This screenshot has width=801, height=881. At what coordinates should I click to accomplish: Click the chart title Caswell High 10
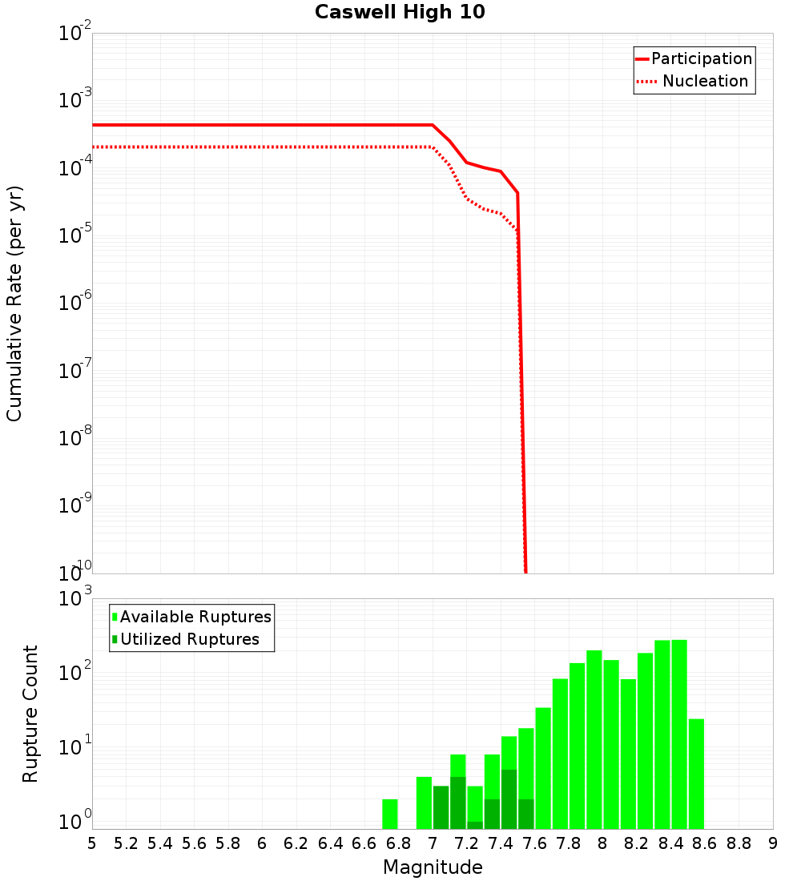pos(400,12)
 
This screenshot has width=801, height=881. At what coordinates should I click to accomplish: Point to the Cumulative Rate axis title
pos(14,303)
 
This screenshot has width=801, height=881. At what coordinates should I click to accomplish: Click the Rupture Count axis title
pos(30,713)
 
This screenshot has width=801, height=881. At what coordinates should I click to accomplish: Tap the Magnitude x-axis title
pos(433,867)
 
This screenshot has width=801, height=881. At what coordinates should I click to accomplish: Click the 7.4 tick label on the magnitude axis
pos(501,843)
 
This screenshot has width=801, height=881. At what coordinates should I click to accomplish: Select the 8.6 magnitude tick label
pos(705,843)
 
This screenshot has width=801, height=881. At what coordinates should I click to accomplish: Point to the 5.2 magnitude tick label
pos(126,843)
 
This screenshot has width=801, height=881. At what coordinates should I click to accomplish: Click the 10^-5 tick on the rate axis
pos(75,235)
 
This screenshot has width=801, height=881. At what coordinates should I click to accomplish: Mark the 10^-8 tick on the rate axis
pos(75,438)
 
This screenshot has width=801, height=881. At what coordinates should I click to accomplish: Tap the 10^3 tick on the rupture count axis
pos(75,598)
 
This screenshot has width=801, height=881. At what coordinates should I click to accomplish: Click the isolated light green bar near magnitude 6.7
pos(390,814)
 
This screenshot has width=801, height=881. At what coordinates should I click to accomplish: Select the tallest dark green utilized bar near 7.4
pos(509,799)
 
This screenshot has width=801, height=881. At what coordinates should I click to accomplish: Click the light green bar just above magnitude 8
pos(611,744)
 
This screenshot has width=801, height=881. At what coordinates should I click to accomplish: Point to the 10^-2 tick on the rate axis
pos(75,34)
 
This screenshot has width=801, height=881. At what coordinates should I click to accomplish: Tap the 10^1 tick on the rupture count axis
pos(75,747)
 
